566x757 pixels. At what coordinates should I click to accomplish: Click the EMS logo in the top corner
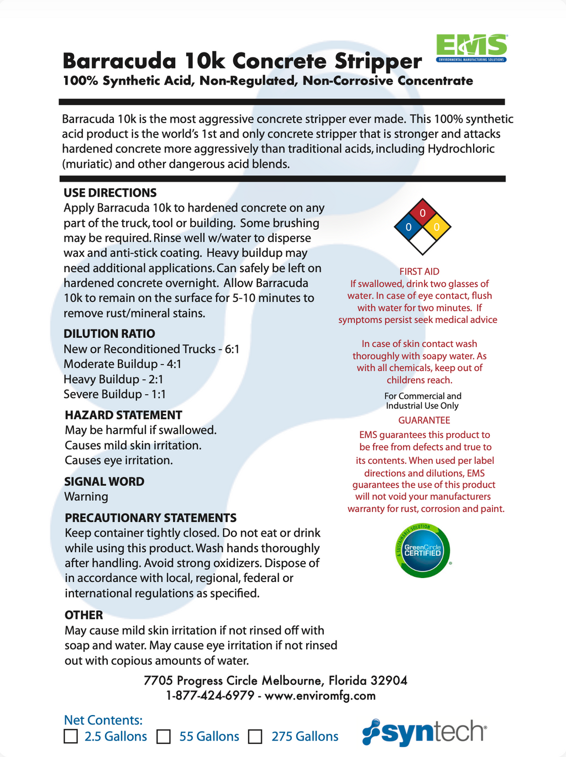pos(471,47)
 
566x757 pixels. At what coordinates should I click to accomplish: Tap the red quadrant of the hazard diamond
pos(423,214)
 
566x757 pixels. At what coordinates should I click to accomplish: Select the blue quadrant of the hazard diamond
pos(408,227)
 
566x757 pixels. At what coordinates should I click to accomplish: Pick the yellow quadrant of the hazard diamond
pos(437,227)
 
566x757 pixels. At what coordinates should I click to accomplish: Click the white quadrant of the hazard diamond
pos(423,241)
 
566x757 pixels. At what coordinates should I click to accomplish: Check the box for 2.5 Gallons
pos(71,737)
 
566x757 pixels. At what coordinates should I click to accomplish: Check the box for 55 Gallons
pos(164,737)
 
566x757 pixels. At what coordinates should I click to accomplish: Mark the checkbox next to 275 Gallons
pos(255,737)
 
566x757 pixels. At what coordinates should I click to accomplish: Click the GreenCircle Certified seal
pos(423,550)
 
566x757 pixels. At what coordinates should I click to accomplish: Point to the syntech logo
pos(424,732)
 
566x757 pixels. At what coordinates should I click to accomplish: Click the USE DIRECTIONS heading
pos(110,193)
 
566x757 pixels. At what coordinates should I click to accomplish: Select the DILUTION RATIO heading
pos(109,333)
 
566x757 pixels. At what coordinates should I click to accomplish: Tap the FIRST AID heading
pos(420,272)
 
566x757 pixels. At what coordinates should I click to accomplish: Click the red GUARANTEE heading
pos(424,421)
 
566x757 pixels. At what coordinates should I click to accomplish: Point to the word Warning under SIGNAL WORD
pos(86,496)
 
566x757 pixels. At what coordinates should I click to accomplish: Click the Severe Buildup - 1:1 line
pos(114,394)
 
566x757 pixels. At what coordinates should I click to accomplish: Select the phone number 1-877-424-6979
pos(210,696)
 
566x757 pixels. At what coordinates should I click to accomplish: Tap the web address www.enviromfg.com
pos(320,696)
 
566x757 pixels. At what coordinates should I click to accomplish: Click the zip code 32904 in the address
pos(389,680)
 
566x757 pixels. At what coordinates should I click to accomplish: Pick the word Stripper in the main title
pos(378,61)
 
